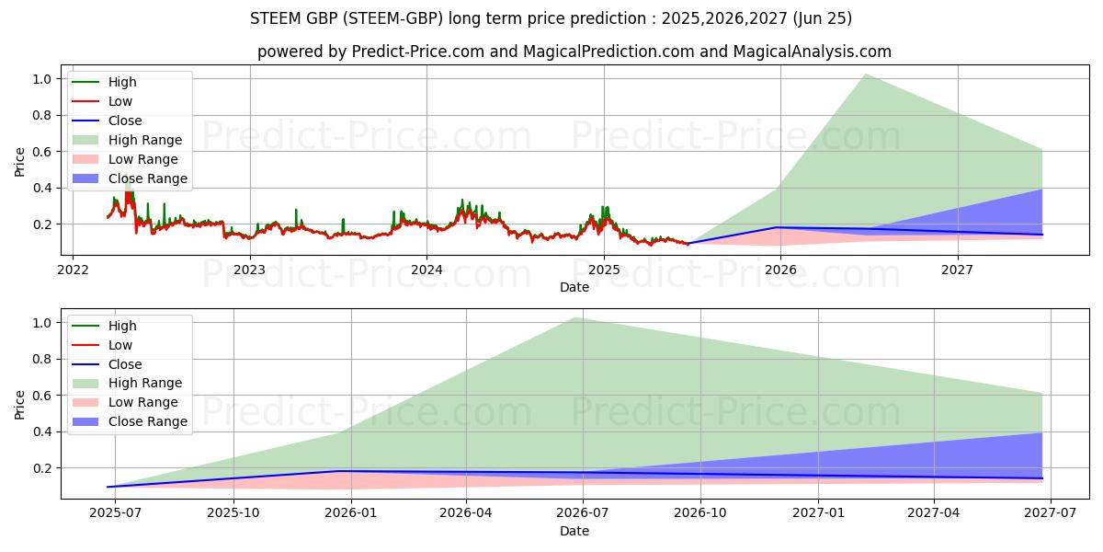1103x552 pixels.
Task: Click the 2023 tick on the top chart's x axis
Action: coord(249,270)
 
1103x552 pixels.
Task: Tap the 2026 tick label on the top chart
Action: coord(780,270)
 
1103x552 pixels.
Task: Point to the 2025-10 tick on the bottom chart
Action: coord(233,513)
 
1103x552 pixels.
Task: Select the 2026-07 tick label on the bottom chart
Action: coord(584,513)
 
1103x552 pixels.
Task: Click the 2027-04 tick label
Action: coord(935,513)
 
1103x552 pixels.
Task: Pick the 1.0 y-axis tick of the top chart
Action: coord(41,79)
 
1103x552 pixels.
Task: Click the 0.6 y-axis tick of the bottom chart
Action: coord(41,396)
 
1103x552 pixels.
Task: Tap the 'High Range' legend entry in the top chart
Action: coord(144,140)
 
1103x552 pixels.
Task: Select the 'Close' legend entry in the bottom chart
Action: coord(125,364)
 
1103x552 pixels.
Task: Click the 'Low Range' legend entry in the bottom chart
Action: coord(143,403)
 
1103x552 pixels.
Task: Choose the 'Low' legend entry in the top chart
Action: coord(120,101)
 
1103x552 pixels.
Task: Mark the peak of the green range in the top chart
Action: coord(865,75)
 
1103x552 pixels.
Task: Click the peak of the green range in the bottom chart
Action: coord(576,318)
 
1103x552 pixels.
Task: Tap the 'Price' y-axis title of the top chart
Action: coord(20,162)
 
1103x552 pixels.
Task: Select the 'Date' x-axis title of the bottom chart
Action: coord(574,531)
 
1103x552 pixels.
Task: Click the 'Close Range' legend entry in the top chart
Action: coord(147,178)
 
